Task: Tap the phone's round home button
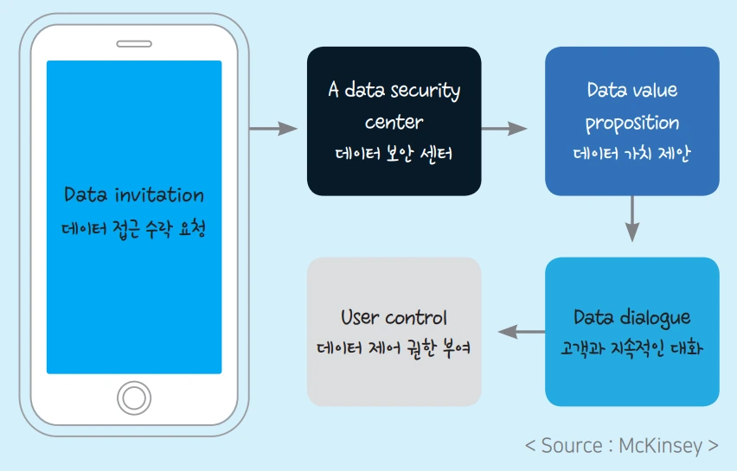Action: click(x=133, y=398)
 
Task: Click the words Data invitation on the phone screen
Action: click(x=134, y=194)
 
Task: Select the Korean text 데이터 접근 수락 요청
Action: click(x=134, y=229)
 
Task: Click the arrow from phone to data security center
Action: click(x=272, y=129)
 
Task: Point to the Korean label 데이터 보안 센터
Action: click(x=394, y=155)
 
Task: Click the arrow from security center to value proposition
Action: click(x=503, y=129)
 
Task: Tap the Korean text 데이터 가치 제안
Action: click(x=631, y=155)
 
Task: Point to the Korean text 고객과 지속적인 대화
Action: click(x=631, y=349)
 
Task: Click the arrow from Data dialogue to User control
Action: click(x=521, y=331)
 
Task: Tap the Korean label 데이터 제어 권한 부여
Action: click(x=394, y=350)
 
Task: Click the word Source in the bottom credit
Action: click(x=572, y=446)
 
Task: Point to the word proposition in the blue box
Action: click(x=631, y=123)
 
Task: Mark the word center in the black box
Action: click(x=394, y=122)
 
